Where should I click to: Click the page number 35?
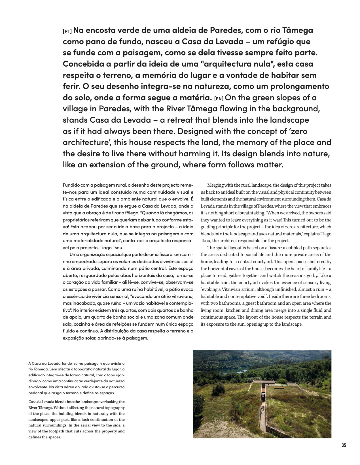(344, 445)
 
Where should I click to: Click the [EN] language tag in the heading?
(219, 99)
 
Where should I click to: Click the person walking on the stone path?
(263, 408)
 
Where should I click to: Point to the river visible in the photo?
(235, 371)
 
